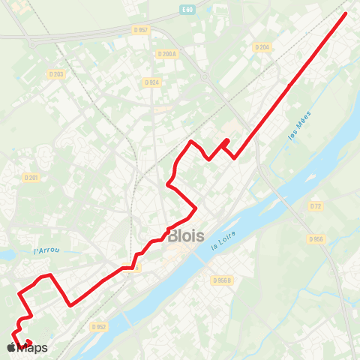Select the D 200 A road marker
click(x=166, y=53)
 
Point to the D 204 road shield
click(x=261, y=46)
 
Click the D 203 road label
click(x=55, y=73)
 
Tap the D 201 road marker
click(x=31, y=178)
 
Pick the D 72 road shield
click(x=315, y=205)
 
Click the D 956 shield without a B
click(x=315, y=238)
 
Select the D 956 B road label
click(x=221, y=280)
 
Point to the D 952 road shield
click(x=98, y=327)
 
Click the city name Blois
click(x=186, y=235)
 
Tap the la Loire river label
click(x=223, y=241)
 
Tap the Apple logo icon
click(x=10, y=348)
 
